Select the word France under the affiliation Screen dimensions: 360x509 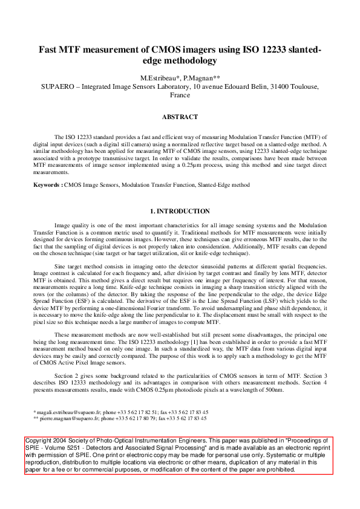(x=180, y=96)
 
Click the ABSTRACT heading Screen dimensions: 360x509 (x=180, y=117)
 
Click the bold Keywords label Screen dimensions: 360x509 (x=47, y=184)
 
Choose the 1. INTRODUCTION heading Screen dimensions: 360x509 (x=180, y=211)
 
